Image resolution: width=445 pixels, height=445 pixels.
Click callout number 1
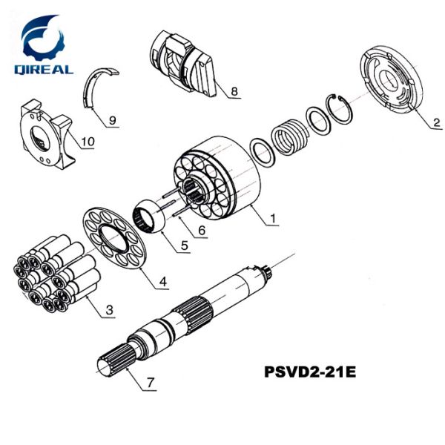click(x=273, y=218)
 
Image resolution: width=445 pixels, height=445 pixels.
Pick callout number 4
click(x=162, y=282)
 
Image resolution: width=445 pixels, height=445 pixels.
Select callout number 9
click(x=112, y=119)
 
